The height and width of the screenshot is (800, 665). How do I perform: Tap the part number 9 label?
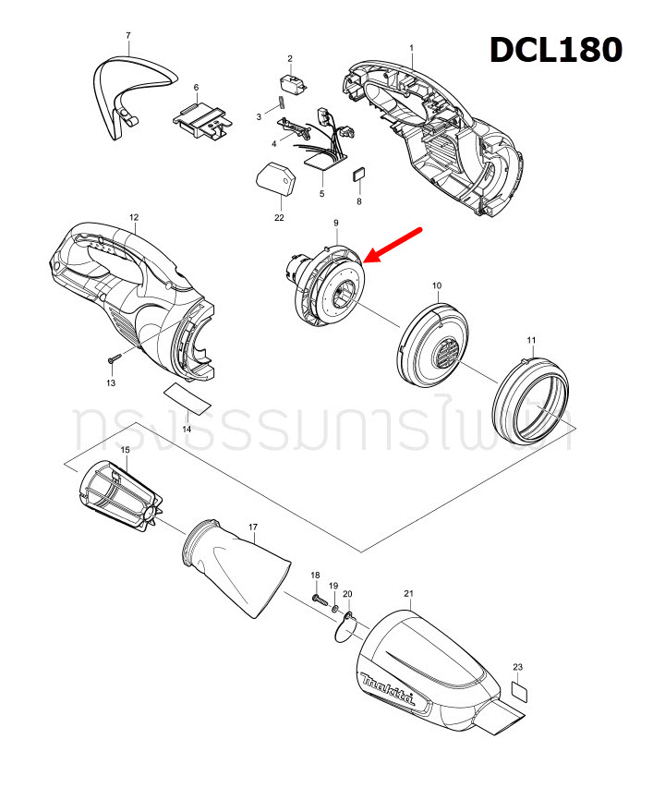(x=336, y=223)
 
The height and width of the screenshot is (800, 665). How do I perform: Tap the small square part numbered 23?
(x=519, y=690)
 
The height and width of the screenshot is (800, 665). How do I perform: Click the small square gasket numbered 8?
(x=359, y=174)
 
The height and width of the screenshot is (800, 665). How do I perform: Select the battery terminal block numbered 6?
(x=201, y=120)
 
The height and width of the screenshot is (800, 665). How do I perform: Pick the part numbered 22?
(x=274, y=179)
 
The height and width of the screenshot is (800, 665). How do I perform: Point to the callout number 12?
(x=134, y=217)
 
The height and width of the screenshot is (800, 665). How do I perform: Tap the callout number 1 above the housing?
(x=411, y=47)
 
